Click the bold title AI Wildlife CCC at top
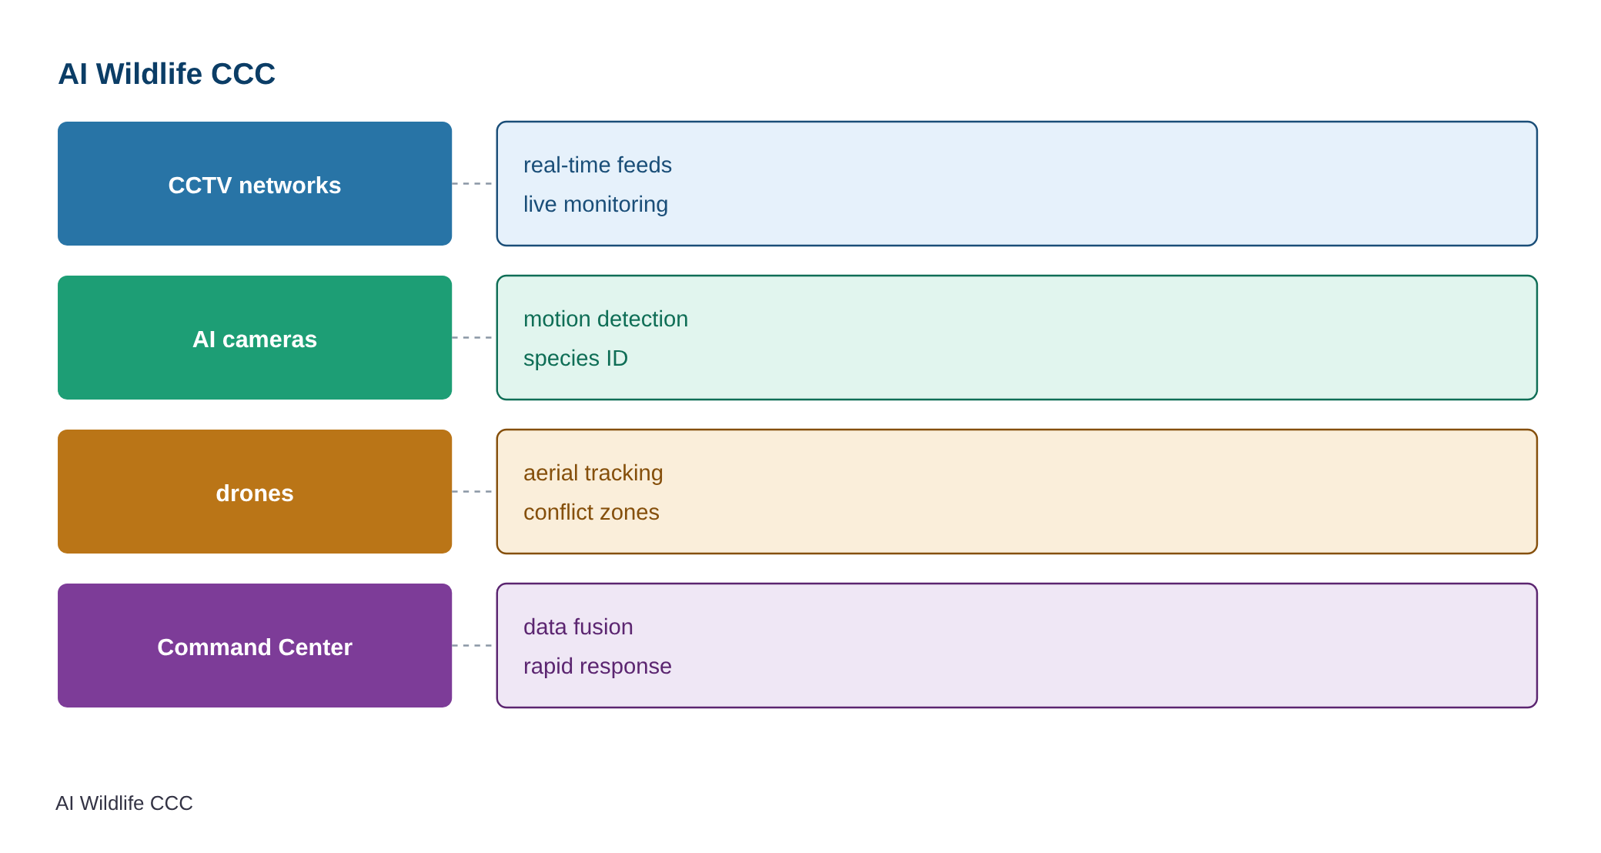pos(166,74)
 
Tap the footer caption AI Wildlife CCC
pos(124,803)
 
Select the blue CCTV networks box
pos(255,183)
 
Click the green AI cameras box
pos(255,337)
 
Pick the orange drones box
pos(255,491)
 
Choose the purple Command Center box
pos(255,645)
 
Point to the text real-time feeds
pos(597,165)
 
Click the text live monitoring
pos(596,205)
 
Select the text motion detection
pos(606,319)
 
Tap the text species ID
pos(576,359)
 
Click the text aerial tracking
pos(593,473)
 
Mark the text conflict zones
pos(591,512)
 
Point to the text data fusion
pos(578,627)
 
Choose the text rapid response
pos(597,667)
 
